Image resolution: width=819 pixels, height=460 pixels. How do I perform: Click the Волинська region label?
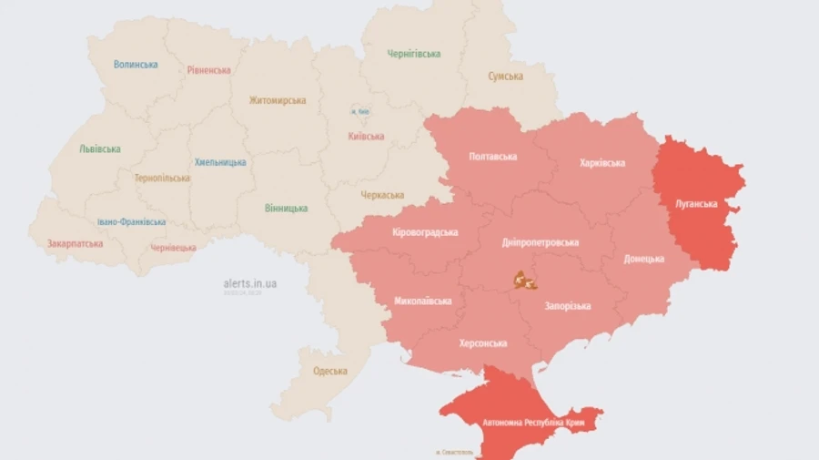tap(136, 65)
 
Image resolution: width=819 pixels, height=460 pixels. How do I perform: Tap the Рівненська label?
tap(209, 70)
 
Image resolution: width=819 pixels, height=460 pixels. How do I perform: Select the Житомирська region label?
tap(278, 100)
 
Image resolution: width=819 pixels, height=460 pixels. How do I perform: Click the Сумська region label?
tap(505, 77)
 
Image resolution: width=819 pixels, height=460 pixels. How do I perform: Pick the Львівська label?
tap(99, 148)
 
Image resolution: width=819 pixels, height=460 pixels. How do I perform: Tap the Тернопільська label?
tap(162, 178)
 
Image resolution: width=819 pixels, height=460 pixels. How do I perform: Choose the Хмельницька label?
tap(220, 162)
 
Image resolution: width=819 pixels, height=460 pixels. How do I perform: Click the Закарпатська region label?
tap(76, 243)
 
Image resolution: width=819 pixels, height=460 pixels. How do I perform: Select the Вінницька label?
tap(286, 209)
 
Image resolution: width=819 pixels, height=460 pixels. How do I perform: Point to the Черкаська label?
tap(382, 195)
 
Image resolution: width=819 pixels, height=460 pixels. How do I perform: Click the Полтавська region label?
tap(493, 157)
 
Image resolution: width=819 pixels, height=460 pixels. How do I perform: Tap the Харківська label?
tap(602, 163)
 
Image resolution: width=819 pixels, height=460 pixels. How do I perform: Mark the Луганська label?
tap(696, 204)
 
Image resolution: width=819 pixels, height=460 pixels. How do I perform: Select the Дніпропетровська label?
tap(541, 243)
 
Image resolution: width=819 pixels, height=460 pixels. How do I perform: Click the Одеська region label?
tap(330, 371)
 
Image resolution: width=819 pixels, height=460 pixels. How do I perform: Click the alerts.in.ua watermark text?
tap(250, 283)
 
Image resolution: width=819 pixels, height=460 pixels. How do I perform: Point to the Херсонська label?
tap(482, 343)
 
